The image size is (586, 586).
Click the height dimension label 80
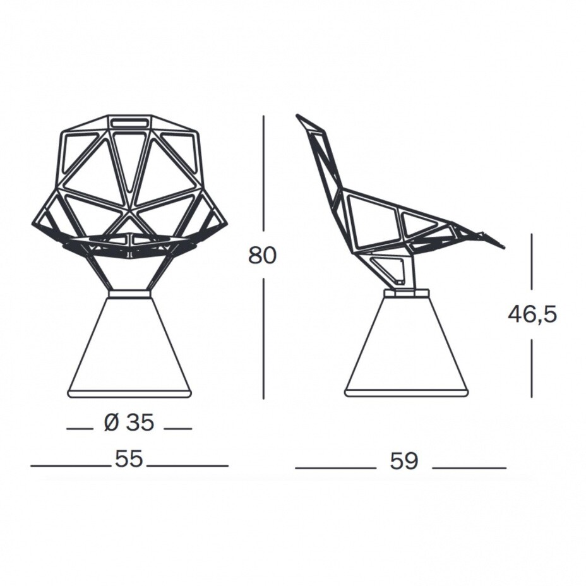pyautogui.click(x=262, y=256)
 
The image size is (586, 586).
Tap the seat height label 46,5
pyautogui.click(x=532, y=314)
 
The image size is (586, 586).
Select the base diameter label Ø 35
pyautogui.click(x=129, y=423)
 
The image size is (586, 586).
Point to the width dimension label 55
pyautogui.click(x=129, y=460)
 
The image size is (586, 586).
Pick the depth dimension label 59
pyautogui.click(x=404, y=461)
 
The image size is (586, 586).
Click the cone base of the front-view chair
pyautogui.click(x=129, y=347)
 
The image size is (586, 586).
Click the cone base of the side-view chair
pyautogui.click(x=406, y=347)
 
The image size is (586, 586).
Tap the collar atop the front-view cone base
pyautogui.click(x=129, y=293)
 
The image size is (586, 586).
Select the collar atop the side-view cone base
pyautogui.click(x=406, y=293)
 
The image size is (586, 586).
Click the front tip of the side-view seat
pyautogui.click(x=502, y=246)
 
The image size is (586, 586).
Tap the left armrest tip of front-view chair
pyautogui.click(x=33, y=224)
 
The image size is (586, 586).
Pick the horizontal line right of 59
pyautogui.click(x=469, y=468)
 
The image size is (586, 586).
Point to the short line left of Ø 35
pyautogui.click(x=80, y=429)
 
